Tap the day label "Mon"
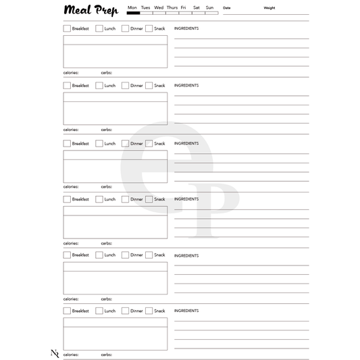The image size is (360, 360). pyautogui.click(x=132, y=7)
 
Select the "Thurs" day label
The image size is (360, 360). pyautogui.click(x=172, y=7)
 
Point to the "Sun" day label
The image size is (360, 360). pyautogui.click(x=209, y=7)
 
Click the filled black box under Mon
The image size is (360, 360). pyautogui.click(x=133, y=13)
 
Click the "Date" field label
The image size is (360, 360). pyautogui.click(x=227, y=8)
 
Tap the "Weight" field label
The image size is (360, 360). pyautogui.click(x=269, y=8)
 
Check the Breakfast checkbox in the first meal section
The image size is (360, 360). pyautogui.click(x=67, y=28)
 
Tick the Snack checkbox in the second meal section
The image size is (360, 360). pyautogui.click(x=149, y=86)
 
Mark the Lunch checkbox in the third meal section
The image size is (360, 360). pyautogui.click(x=99, y=143)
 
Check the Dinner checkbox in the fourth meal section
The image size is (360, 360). pyautogui.click(x=126, y=199)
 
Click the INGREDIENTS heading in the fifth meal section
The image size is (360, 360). pyautogui.click(x=186, y=255)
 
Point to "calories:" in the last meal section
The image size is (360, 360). pyautogui.click(x=71, y=354)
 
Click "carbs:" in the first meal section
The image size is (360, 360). pyautogui.click(x=107, y=72)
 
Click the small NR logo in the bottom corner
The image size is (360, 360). pyautogui.click(x=55, y=353)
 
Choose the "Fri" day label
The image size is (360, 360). pyautogui.click(x=184, y=7)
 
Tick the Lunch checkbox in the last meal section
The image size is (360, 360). pyautogui.click(x=99, y=311)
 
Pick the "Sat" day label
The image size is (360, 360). pyautogui.click(x=196, y=7)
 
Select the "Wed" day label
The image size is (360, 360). pyautogui.click(x=159, y=7)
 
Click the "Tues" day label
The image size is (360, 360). pyautogui.click(x=145, y=7)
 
